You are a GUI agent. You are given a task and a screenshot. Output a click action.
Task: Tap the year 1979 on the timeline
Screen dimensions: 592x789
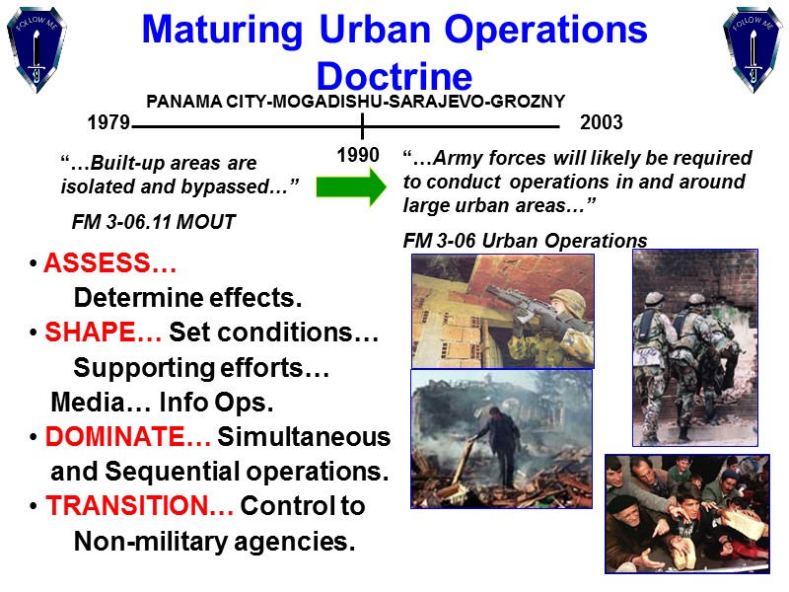108,124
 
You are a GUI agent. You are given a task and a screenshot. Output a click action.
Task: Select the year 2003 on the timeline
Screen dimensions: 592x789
602,124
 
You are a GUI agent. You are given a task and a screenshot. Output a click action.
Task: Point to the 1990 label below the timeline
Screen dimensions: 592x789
359,156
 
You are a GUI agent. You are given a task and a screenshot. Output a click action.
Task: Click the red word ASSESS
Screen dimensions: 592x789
109,265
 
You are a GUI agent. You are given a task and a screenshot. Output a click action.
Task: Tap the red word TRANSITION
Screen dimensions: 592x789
138,506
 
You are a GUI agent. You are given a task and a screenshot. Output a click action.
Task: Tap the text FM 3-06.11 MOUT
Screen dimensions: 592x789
154,222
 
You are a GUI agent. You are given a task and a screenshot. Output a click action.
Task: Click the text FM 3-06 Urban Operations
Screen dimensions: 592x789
525,241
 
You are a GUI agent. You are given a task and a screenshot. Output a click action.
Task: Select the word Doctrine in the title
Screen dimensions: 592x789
394,77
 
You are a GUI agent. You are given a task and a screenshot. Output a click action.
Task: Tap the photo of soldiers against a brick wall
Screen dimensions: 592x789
694,346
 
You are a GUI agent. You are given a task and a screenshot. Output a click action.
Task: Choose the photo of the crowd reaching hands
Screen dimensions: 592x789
686,512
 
